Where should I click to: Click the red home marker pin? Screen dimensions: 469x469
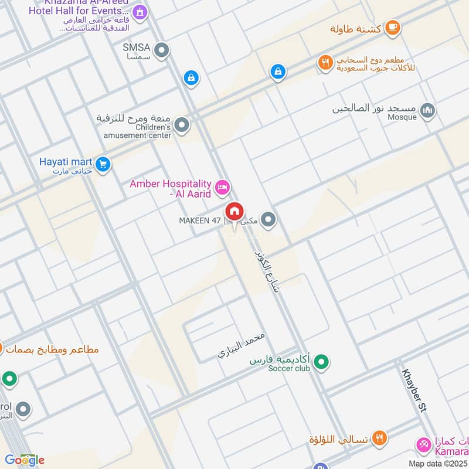pos(235,211)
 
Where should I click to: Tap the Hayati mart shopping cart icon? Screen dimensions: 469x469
pos(103,165)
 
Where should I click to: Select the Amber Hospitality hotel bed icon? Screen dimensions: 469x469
pos(222,188)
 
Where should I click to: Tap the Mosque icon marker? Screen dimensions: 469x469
pos(428,111)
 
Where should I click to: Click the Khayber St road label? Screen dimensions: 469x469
pos(416,392)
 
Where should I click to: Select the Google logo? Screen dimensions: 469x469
pos(24,460)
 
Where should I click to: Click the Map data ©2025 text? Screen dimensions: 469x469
pos(437,463)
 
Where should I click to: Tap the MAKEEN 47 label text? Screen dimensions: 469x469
pos(200,221)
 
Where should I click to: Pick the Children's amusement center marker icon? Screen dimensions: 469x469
pos(182,125)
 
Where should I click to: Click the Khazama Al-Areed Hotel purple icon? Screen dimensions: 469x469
pos(139,11)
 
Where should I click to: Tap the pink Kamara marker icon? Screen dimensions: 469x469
pos(422,445)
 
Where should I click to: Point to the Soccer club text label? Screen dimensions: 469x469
pos(288,368)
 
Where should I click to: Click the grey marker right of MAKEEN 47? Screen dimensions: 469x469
pos(269,220)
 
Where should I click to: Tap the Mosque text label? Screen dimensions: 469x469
pos(401,117)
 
